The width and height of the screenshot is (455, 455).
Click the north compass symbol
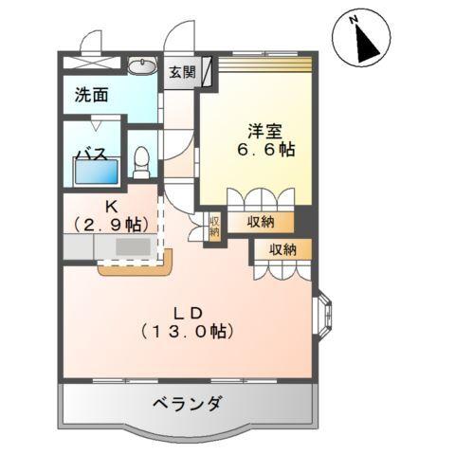pos(360,39)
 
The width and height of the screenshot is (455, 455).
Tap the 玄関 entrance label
pos(181,71)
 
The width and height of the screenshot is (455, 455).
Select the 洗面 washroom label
pos(92,95)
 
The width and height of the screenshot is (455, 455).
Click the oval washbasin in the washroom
pos(141,65)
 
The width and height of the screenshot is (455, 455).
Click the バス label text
pos(91,155)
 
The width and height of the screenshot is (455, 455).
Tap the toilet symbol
pos(141,161)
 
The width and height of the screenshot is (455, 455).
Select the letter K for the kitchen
pos(110,206)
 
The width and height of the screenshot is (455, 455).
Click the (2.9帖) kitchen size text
pos(110,225)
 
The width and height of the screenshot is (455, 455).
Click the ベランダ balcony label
pos(188,404)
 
